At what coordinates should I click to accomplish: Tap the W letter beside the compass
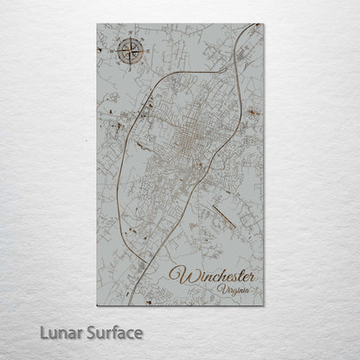(x=114, y=51)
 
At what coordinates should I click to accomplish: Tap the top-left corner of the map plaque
(x=98, y=24)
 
